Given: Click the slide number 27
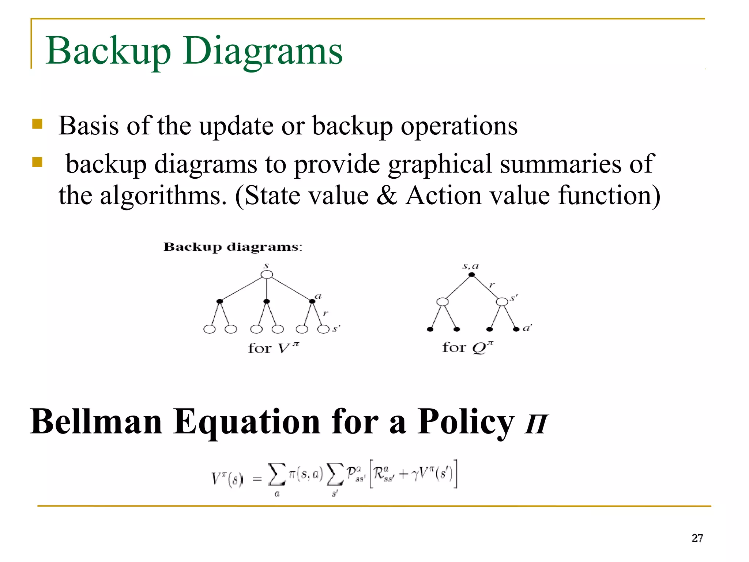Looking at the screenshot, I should click(697, 538).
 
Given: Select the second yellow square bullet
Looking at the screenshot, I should click(37, 162).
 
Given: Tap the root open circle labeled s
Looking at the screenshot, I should click(267, 275).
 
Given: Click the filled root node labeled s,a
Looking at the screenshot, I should click(472, 275).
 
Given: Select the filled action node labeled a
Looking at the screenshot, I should click(312, 301).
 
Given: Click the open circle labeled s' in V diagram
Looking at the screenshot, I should click(323, 329).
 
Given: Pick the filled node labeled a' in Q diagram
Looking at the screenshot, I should click(516, 329).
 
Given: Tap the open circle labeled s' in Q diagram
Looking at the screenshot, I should click(502, 302).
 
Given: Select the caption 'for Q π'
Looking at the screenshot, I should click(468, 347).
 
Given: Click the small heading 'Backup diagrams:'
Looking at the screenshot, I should click(233, 247).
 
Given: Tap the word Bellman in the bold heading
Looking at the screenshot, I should click(96, 422).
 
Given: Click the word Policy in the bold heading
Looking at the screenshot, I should click(466, 422).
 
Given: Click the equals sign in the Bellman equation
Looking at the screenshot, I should click(257, 478).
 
